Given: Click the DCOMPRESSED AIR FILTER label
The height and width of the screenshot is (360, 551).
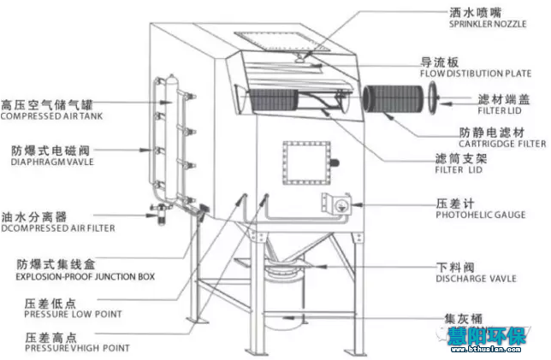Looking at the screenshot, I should pyautogui.click(x=57, y=228).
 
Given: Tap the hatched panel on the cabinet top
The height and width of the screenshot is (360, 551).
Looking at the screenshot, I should pyautogui.click(x=276, y=39).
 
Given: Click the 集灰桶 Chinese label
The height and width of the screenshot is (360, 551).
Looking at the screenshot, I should pyautogui.click(x=463, y=319).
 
